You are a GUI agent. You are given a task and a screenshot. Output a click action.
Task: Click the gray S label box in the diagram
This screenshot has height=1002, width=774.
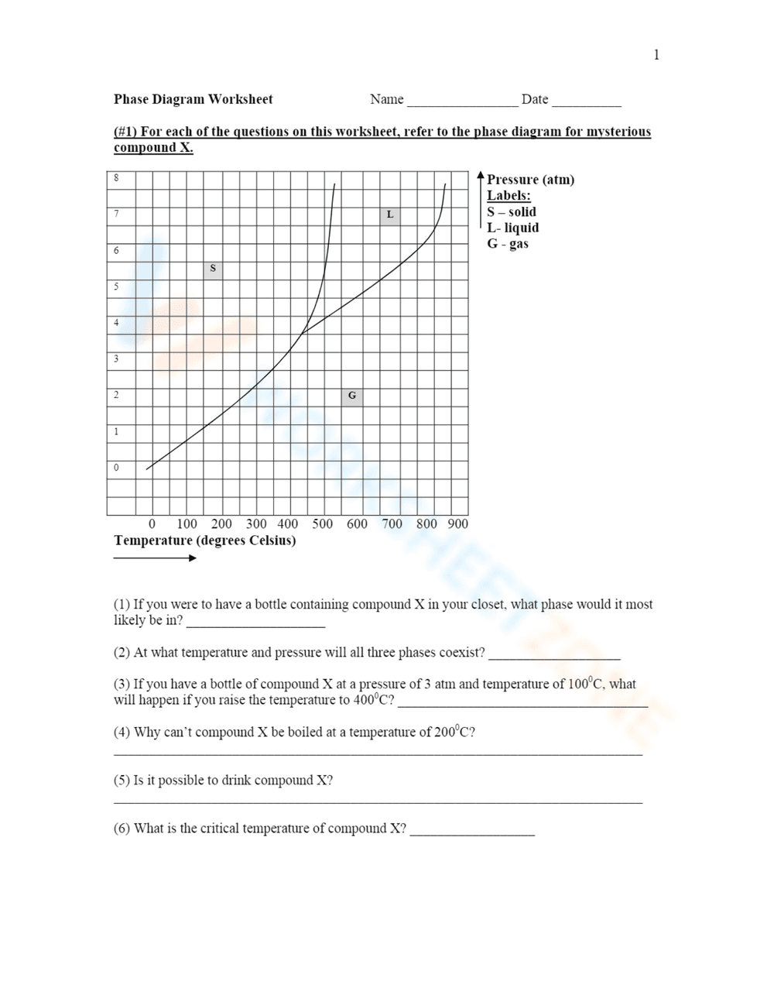(213, 269)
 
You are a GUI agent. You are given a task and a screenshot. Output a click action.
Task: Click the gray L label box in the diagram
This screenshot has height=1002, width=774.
(390, 214)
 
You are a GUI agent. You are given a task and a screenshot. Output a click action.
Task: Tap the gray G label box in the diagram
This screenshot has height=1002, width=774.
(352, 396)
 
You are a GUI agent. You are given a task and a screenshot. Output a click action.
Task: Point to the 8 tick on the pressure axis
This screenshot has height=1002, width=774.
(117, 178)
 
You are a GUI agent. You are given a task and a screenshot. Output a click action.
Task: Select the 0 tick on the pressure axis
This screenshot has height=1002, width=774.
(117, 468)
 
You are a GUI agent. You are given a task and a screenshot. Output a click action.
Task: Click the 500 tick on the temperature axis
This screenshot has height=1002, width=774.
(323, 524)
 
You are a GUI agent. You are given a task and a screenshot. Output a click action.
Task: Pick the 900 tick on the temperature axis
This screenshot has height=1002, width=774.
(458, 524)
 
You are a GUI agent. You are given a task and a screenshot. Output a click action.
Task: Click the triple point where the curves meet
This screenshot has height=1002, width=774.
(302, 334)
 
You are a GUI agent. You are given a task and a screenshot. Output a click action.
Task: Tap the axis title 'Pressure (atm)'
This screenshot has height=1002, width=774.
(530, 180)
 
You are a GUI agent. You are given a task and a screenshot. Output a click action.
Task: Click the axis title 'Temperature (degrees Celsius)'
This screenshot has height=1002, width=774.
(204, 540)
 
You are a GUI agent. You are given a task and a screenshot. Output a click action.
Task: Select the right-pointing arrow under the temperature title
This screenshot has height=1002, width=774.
(155, 558)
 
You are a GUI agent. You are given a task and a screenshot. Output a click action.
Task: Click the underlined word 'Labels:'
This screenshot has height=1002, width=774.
(509, 196)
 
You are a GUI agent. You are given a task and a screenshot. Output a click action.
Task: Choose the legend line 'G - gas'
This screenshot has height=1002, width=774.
(508, 244)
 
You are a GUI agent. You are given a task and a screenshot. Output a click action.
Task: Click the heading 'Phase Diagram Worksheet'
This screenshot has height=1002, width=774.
(193, 99)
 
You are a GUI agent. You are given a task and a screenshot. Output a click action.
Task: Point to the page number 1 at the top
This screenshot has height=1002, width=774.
(656, 54)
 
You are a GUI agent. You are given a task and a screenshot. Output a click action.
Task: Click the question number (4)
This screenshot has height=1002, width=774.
(122, 733)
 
